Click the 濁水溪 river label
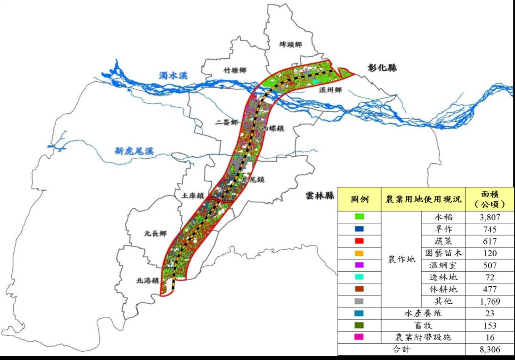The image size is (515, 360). pos(173,76)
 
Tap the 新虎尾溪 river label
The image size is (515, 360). pos(134,151)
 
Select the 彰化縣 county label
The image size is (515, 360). pos(382,68)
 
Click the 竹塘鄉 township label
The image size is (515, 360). pos(235,70)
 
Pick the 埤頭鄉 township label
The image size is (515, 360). pos(290,45)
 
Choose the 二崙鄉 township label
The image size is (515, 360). pos(227,122)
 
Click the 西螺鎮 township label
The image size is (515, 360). pos(273,129)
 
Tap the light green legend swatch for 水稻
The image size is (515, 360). pos(360,217)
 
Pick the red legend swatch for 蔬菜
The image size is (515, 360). pos(360,241)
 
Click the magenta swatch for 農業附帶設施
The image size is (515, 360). pos(360,337)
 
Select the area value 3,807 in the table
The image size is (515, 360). pos(490,217)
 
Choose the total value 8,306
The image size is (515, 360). pos(490,350)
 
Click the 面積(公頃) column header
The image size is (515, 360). pos(490,199)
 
